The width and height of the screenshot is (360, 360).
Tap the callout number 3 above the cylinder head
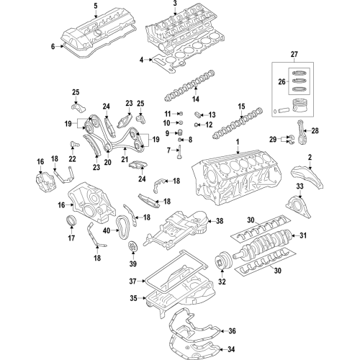click(174, 5)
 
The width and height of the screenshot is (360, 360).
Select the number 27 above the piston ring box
click(293, 55)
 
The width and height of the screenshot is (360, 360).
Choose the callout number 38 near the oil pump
click(220, 221)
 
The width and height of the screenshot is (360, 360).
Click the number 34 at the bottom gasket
click(231, 349)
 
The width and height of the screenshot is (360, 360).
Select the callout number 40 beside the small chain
click(107, 230)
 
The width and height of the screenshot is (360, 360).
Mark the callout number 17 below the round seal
click(71, 237)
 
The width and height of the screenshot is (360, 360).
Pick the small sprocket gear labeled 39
click(131, 251)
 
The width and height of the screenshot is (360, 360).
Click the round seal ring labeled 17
click(71, 220)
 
